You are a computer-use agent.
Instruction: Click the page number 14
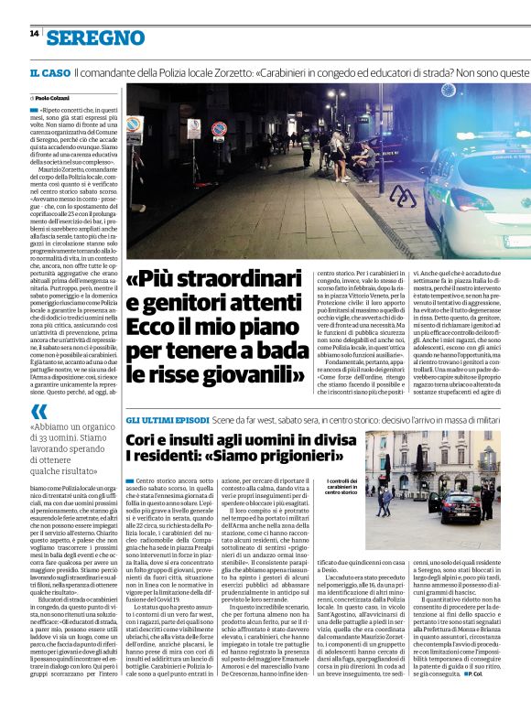(34, 34)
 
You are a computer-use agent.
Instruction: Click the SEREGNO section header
(97, 38)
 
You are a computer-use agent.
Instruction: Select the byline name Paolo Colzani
(55, 97)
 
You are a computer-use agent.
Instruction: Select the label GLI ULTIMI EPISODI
(167, 418)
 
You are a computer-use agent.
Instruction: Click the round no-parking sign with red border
(219, 128)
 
